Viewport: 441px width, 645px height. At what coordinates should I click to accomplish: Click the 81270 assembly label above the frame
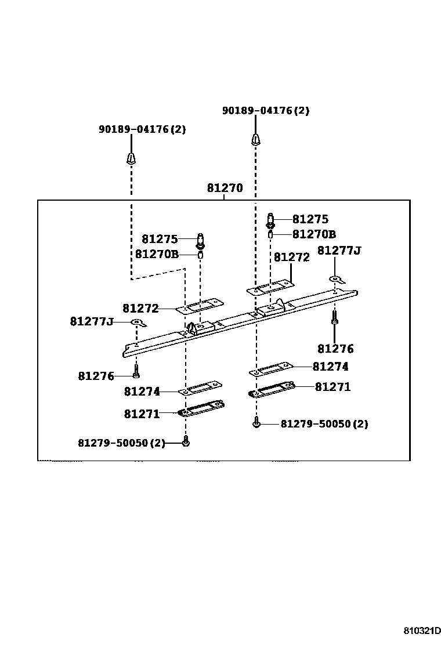225,189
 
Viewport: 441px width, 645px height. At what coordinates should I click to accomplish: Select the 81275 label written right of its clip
310,219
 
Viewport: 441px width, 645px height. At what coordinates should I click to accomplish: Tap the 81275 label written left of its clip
160,239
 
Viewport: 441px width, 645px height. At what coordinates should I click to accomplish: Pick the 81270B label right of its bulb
314,234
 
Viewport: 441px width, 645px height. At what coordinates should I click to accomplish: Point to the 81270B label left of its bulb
157,254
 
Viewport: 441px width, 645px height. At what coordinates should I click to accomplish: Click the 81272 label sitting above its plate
291,258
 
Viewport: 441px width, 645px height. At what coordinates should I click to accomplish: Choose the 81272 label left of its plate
140,309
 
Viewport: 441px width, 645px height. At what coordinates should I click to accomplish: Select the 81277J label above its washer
339,251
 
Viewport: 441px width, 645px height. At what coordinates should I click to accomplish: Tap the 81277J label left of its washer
92,321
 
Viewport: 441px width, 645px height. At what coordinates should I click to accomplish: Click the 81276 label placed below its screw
335,349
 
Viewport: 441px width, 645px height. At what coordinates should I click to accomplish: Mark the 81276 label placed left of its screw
96,376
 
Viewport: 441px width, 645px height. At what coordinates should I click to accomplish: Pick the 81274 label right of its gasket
330,367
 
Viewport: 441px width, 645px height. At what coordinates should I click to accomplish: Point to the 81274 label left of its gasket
142,392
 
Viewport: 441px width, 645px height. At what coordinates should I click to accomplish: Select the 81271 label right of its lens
332,386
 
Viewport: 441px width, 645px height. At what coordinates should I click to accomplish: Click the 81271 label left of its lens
142,414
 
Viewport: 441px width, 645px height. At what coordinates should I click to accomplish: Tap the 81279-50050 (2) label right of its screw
324,424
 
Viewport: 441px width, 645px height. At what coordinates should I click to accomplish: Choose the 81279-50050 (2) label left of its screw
121,443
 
